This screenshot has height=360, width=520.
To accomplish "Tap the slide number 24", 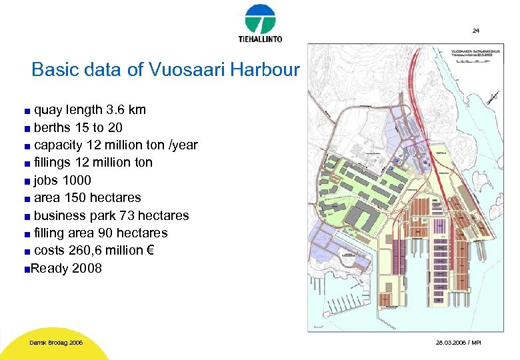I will [475, 31].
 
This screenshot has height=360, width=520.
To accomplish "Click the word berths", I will [51, 127].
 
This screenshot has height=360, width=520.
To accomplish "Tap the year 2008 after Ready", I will [87, 269].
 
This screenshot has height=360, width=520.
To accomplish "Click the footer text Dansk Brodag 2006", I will [56, 343].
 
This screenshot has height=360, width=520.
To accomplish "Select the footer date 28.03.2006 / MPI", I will [457, 343].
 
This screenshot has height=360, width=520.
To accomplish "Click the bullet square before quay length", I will [27, 111].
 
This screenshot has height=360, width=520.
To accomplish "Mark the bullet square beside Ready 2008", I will [25, 269].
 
